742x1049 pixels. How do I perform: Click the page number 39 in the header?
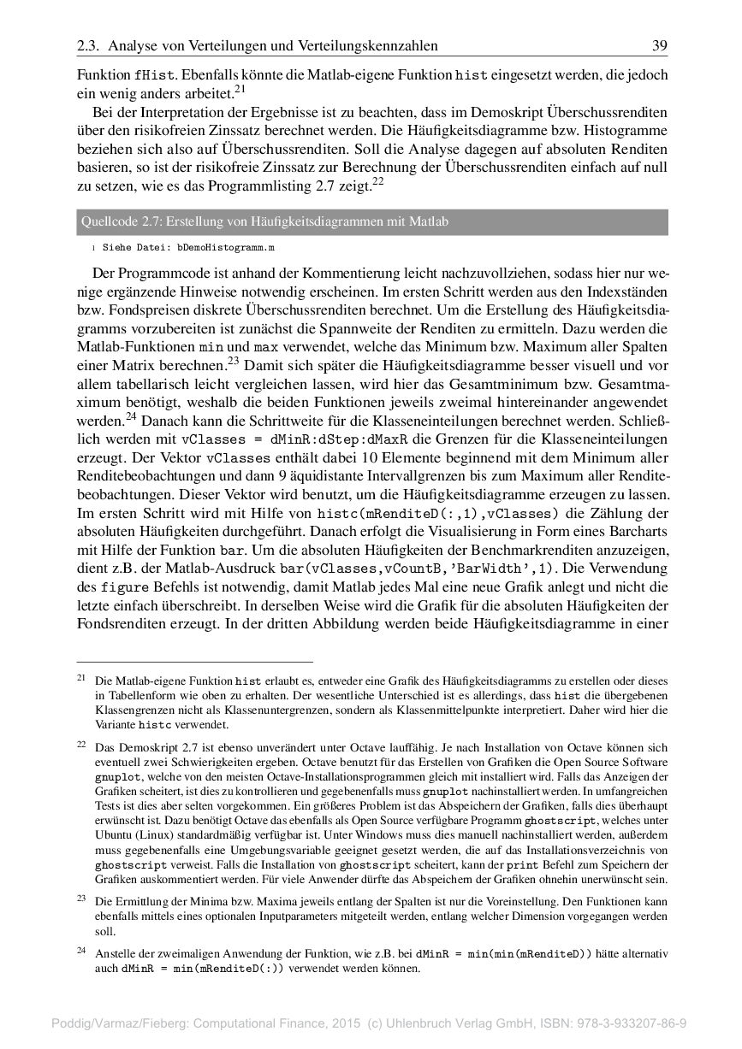click(659, 45)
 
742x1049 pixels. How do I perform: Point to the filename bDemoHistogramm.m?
click(226, 248)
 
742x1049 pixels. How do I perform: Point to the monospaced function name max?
click(266, 349)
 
